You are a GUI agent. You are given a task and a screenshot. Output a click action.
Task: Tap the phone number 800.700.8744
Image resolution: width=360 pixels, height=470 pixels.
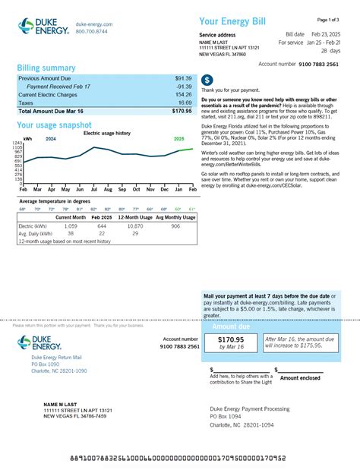pos(92,32)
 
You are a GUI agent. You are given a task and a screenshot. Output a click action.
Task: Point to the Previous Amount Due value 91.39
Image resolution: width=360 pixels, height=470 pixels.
pos(183,78)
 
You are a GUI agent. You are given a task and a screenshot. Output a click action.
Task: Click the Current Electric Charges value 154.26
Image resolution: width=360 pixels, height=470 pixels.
pos(182,94)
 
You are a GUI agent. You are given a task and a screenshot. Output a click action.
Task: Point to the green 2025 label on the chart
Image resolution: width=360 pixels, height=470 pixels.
pos(179,139)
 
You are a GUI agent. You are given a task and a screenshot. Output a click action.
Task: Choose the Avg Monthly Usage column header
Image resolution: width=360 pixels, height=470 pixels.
pos(175,218)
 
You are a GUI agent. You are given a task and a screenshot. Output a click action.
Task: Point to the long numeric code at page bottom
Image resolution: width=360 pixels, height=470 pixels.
pos(178,459)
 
